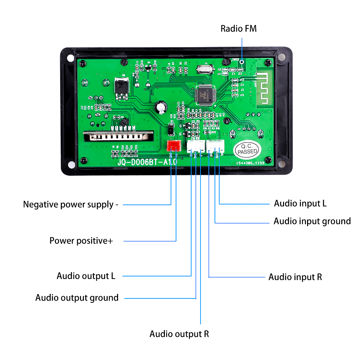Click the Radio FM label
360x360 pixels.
click(x=239, y=29)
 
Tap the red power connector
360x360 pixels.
click(x=174, y=145)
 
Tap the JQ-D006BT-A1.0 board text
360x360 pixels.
click(x=147, y=162)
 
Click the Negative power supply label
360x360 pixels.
click(x=71, y=204)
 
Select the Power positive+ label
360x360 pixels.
click(x=81, y=240)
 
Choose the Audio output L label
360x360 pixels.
click(x=86, y=276)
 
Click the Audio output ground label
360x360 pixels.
click(x=77, y=298)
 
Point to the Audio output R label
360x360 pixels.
click(x=179, y=334)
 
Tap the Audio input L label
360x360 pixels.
click(x=300, y=203)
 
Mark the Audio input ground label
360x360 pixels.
click(x=312, y=221)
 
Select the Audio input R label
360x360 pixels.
click(x=295, y=277)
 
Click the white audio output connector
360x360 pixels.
click(x=195, y=145)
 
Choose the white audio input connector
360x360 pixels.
click(x=215, y=145)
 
